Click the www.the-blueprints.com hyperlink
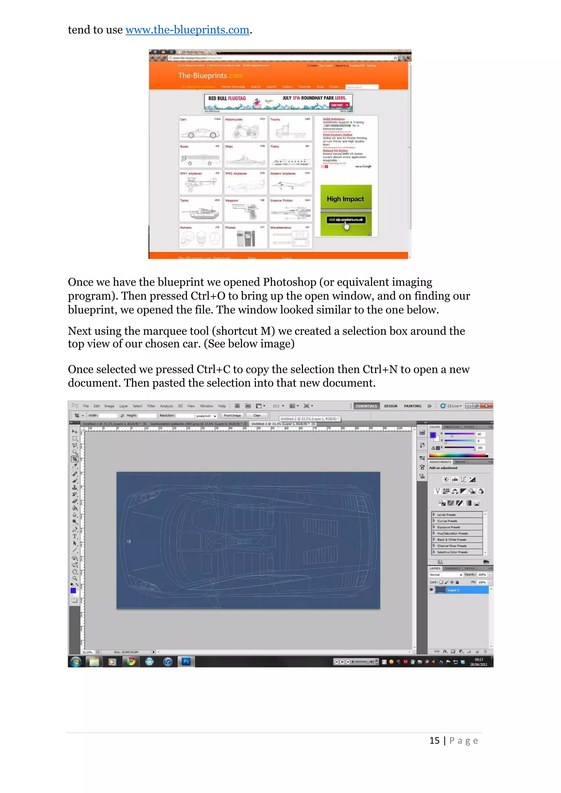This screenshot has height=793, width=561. click(x=187, y=30)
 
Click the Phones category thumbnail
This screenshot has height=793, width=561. click(x=245, y=237)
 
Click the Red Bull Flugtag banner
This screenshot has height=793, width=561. click(x=278, y=103)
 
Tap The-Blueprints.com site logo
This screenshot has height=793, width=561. click(x=210, y=76)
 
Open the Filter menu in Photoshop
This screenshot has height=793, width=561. click(x=151, y=406)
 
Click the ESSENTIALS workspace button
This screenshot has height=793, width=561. click(x=366, y=406)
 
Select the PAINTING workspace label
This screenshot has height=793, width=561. click(x=412, y=406)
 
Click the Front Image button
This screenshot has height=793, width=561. click(x=232, y=415)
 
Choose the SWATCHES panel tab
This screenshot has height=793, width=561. click(x=451, y=427)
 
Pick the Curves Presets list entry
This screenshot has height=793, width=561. click(x=447, y=521)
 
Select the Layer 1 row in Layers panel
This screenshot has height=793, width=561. click(x=458, y=590)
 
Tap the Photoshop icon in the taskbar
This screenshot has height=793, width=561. click(x=186, y=662)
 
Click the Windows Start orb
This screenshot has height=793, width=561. click(x=76, y=662)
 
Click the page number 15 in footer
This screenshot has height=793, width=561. click(x=434, y=740)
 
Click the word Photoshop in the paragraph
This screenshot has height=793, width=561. click(x=289, y=282)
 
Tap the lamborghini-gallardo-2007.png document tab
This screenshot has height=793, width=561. click(x=196, y=424)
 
